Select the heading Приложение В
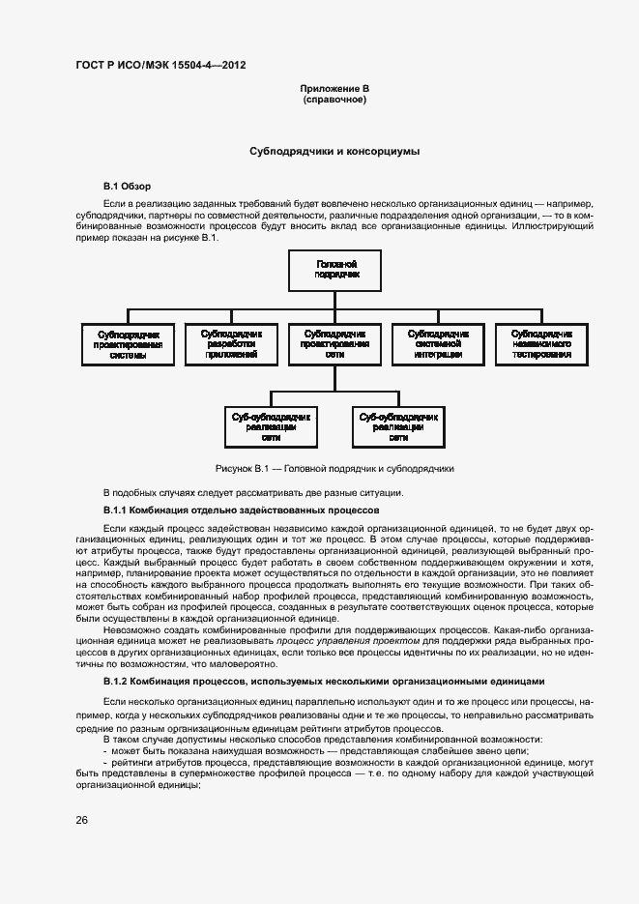(334, 89)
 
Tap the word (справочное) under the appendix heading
(334, 100)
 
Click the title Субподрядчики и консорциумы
(334, 152)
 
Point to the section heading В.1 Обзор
(127, 186)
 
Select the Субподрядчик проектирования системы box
(128, 343)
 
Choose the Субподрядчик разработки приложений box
(230, 343)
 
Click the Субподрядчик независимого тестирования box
(541, 343)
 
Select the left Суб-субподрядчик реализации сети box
(271, 426)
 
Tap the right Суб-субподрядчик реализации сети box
(398, 426)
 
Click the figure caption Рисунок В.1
(334, 468)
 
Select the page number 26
(82, 820)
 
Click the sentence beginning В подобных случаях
(252, 492)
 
